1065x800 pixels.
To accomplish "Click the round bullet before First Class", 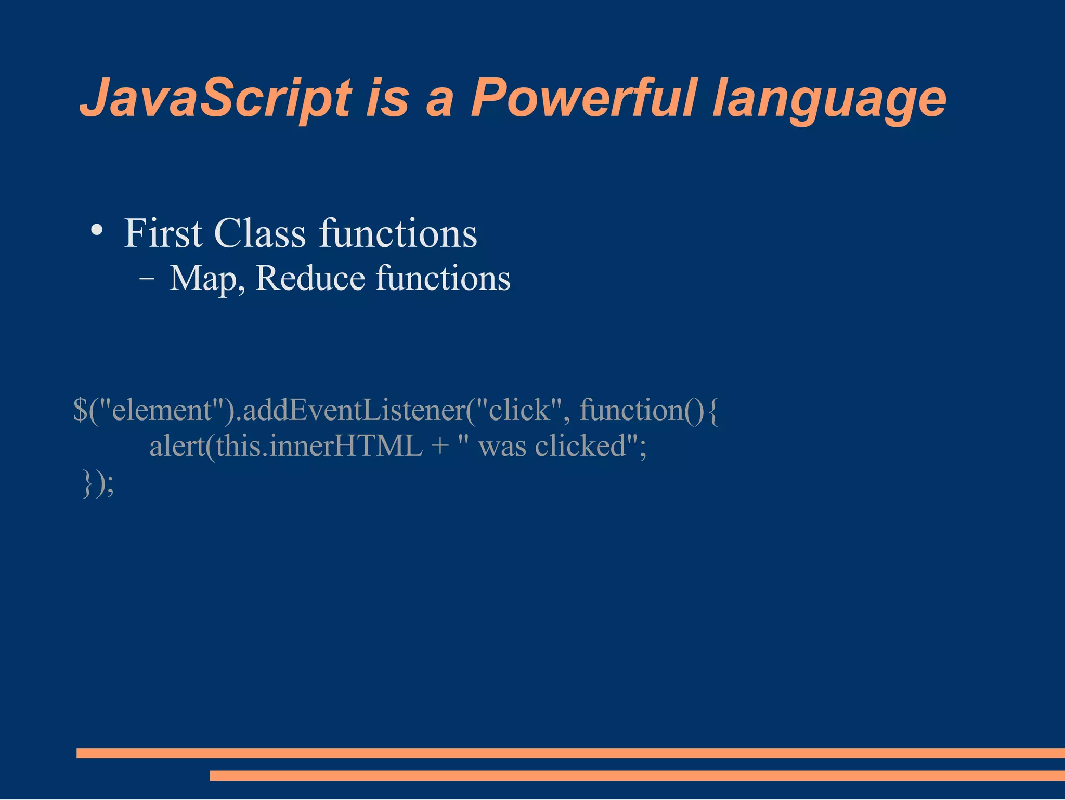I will coord(97,230).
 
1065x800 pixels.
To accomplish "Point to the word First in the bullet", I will coord(163,233).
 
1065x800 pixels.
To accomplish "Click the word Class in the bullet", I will coord(259,233).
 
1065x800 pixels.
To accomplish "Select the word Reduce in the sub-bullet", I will coord(310,278).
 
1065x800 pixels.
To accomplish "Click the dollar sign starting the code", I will coord(80,410).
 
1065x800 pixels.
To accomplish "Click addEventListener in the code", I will coord(355,410).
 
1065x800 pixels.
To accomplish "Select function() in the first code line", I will coord(642,410).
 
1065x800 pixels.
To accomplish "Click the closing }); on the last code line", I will coord(98,483).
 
